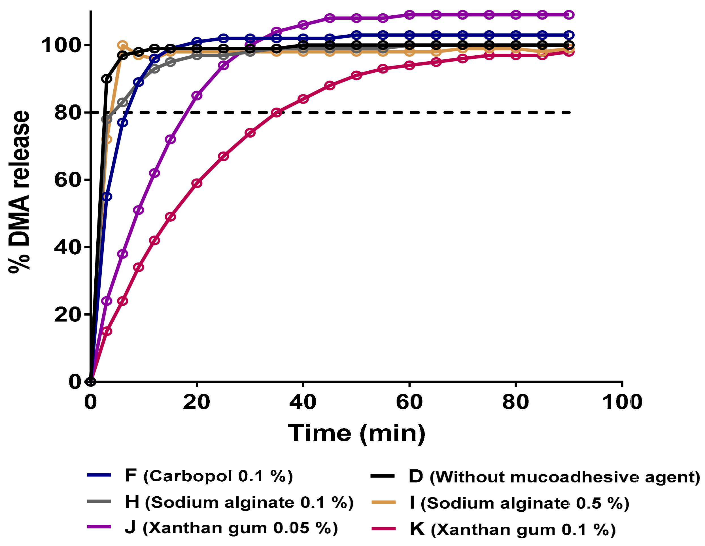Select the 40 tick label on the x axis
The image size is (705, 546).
coord(303,402)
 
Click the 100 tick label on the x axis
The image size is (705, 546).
coord(622,402)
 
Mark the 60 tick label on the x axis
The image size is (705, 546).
coord(409,402)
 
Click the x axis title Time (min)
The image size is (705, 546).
coord(356,433)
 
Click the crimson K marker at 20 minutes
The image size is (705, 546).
coord(197,183)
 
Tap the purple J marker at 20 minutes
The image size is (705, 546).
coord(197,96)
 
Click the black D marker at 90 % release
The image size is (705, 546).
coord(107,79)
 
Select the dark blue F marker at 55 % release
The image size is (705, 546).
coord(107,197)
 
